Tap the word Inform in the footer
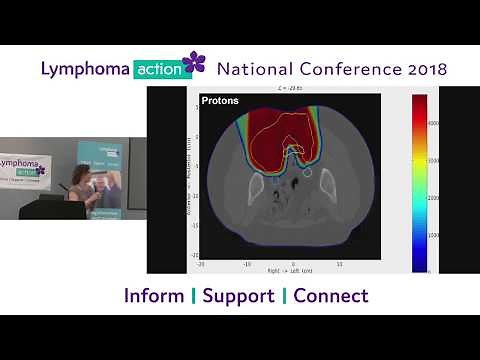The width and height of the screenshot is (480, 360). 154,296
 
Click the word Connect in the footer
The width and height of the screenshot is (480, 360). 331,296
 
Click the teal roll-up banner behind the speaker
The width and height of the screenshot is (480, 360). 102,180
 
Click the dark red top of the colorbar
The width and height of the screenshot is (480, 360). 419,99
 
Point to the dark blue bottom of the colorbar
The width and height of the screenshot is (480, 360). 419,267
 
